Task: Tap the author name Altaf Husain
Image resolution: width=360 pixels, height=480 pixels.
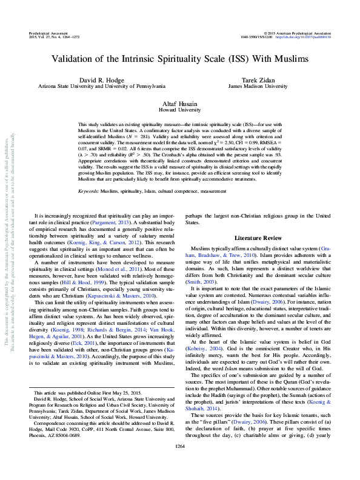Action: (179, 104)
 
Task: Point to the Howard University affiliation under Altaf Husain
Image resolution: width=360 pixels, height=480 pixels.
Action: (179, 111)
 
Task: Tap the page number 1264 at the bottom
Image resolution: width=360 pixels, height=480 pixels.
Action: (179, 463)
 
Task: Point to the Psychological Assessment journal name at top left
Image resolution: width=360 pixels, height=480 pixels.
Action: (49, 32)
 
